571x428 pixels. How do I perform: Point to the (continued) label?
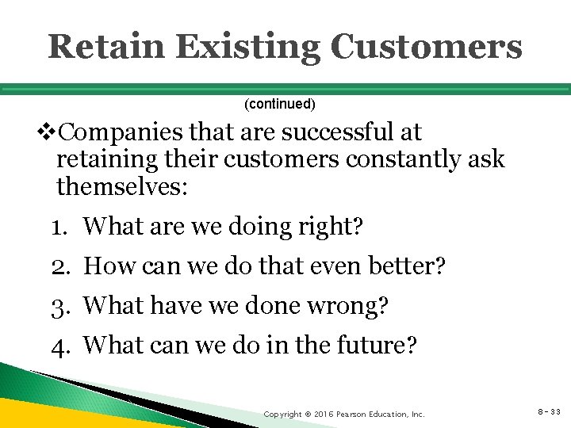pyautogui.click(x=279, y=104)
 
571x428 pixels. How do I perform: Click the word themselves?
pyautogui.click(x=120, y=187)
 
